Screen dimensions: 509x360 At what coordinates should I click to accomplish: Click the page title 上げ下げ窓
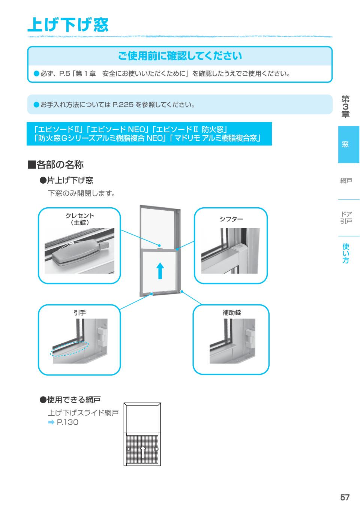click(68, 25)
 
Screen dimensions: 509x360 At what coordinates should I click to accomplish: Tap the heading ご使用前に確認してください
click(180, 56)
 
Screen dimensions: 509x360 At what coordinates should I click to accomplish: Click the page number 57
click(345, 497)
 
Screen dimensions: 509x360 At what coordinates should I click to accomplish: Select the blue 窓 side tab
click(345, 145)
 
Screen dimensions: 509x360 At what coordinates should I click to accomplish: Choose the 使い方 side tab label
click(346, 253)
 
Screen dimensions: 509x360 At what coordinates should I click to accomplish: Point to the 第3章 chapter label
click(345, 107)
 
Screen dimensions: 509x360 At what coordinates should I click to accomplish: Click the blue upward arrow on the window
click(160, 270)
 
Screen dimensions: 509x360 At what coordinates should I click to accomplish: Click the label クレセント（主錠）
click(80, 219)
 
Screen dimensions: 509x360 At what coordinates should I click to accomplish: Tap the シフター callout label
click(231, 219)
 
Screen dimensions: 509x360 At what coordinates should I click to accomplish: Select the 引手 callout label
click(79, 313)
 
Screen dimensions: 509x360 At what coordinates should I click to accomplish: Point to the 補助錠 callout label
click(231, 313)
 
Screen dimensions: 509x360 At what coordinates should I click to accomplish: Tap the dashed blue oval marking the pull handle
click(69, 348)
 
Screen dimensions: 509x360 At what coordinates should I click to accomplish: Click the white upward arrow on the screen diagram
click(142, 451)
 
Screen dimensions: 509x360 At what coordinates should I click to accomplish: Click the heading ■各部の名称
click(55, 165)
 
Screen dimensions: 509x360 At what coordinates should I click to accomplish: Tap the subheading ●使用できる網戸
click(70, 400)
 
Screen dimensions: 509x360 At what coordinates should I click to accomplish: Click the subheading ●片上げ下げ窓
click(66, 181)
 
